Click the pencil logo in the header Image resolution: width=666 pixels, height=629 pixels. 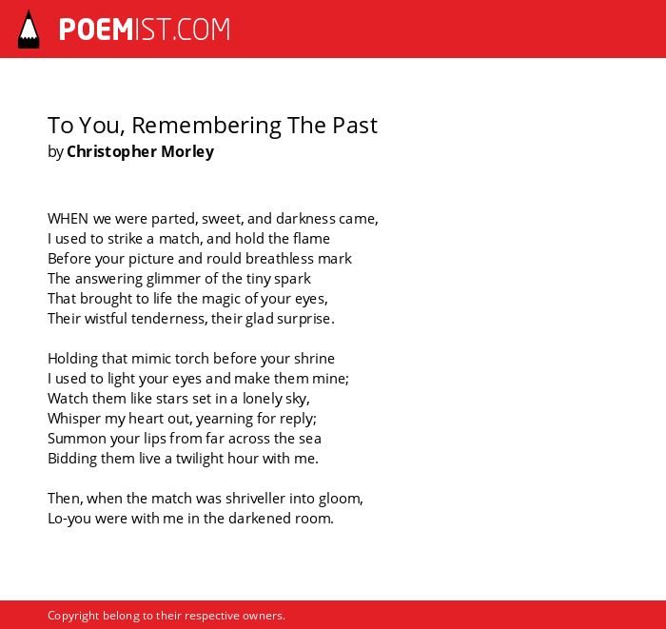(x=29, y=29)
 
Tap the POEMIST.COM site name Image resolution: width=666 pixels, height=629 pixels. (x=145, y=29)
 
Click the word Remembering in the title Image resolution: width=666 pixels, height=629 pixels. (x=206, y=126)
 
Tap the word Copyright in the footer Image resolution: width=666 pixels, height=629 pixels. (x=73, y=616)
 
